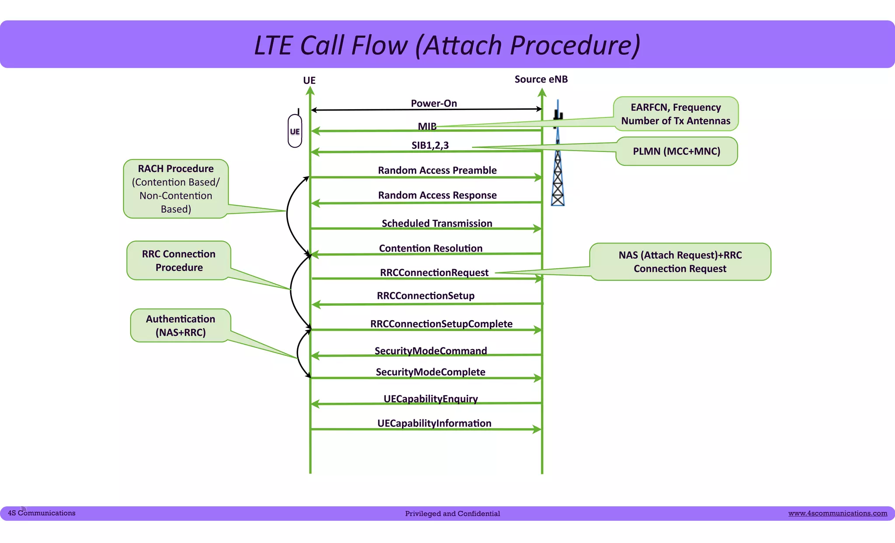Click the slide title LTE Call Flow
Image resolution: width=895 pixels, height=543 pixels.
pyautogui.click(x=447, y=45)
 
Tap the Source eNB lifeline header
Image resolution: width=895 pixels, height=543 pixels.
pyautogui.click(x=541, y=80)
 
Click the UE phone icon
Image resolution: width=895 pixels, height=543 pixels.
pyautogui.click(x=295, y=131)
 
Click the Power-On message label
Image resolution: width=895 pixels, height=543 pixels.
pyautogui.click(x=434, y=104)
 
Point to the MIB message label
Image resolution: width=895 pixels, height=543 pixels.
pyautogui.click(x=427, y=126)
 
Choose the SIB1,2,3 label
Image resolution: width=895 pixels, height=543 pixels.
pyautogui.click(x=430, y=145)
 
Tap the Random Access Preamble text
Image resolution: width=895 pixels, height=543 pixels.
pyautogui.click(x=437, y=170)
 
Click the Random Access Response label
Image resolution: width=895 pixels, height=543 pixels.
pyautogui.click(x=437, y=195)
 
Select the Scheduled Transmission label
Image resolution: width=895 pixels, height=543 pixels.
pyautogui.click(x=437, y=223)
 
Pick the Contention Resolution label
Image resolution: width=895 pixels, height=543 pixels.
pyautogui.click(x=430, y=248)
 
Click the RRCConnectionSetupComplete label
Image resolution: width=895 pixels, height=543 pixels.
pyautogui.click(x=441, y=324)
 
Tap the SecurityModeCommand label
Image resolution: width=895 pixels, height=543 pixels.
pyautogui.click(x=430, y=351)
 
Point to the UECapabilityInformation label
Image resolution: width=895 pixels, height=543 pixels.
pyautogui.click(x=434, y=423)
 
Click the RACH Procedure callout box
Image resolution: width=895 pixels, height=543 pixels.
pyautogui.click(x=176, y=189)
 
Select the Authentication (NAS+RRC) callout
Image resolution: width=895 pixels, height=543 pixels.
pyautogui.click(x=180, y=325)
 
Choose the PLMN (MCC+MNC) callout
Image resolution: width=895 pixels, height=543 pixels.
pyautogui.click(x=676, y=151)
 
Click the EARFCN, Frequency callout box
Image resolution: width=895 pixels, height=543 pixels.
pyautogui.click(x=676, y=114)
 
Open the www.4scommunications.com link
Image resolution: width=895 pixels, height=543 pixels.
pyautogui.click(x=837, y=513)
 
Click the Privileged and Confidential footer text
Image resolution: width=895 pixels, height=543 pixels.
pyautogui.click(x=452, y=514)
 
